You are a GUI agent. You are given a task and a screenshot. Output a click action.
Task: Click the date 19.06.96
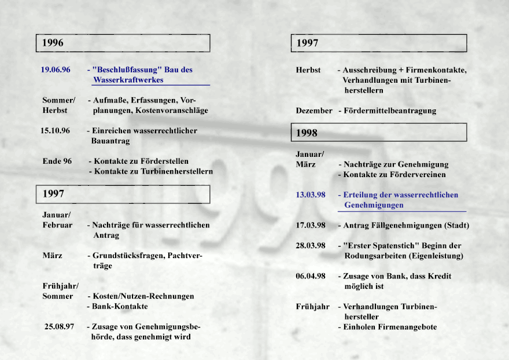click(56, 70)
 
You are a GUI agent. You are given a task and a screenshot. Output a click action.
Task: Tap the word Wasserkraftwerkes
click(128, 80)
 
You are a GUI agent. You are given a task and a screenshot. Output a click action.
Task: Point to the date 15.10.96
click(55, 131)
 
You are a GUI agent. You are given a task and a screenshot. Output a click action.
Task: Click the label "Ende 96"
click(57, 161)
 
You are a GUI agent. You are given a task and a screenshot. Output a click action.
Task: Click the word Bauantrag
click(110, 141)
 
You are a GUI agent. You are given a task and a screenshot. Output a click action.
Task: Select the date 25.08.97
click(60, 326)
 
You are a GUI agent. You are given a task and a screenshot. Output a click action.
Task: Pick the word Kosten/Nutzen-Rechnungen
click(143, 296)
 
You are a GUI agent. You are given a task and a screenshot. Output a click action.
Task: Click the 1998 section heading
click(307, 133)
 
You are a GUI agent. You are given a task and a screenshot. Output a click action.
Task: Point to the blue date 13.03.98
click(311, 195)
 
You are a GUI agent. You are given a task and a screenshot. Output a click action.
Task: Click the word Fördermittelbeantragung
click(390, 111)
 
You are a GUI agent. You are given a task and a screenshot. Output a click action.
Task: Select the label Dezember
click(314, 111)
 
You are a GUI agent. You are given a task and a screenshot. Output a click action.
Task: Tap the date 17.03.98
click(311, 225)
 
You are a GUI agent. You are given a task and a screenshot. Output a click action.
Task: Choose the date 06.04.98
click(311, 276)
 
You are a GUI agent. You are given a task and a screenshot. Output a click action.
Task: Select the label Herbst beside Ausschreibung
click(308, 70)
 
